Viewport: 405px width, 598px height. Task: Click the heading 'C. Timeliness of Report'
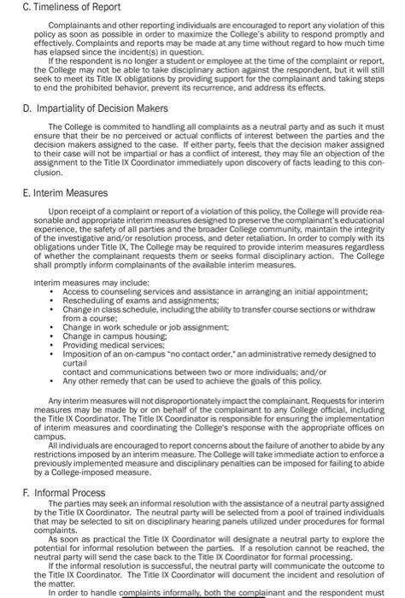click(x=56, y=8)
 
